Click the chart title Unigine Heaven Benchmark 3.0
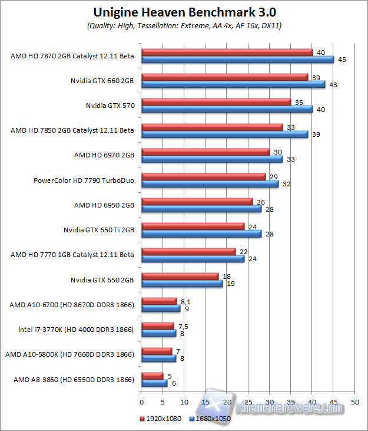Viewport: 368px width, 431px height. pos(184,12)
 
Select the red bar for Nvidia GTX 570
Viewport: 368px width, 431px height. pos(216,102)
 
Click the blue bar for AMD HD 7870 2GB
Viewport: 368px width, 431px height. pos(237,59)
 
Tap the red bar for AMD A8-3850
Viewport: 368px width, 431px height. pos(152,376)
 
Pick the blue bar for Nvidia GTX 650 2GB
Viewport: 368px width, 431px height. pos(182,284)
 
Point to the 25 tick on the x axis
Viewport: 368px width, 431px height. pos(248,402)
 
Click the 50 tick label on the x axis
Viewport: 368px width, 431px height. pos(354,402)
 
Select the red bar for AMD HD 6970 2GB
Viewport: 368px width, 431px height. pos(205,152)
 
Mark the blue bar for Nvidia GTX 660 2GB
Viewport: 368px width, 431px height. pos(233,84)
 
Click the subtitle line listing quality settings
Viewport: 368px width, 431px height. pos(184,26)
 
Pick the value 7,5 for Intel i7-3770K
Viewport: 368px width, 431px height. pos(182,326)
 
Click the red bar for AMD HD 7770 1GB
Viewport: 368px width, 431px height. pos(188,252)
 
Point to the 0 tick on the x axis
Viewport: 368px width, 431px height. pos(141,402)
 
